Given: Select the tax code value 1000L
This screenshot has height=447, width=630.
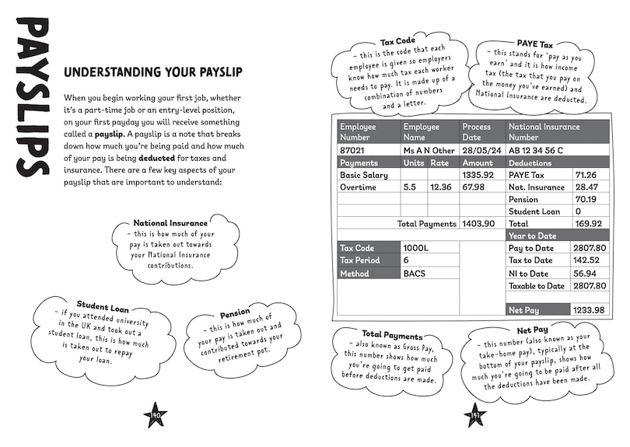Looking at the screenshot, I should click(x=417, y=248).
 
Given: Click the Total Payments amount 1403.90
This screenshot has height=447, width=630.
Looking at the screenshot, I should click(x=478, y=223).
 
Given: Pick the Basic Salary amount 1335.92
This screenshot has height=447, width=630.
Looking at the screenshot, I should click(x=478, y=175).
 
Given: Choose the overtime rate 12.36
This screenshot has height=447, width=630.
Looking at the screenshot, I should click(x=440, y=187).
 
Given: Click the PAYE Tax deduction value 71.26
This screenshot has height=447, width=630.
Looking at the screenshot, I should click(x=586, y=175).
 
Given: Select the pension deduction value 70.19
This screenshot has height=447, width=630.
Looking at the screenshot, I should click(x=586, y=199).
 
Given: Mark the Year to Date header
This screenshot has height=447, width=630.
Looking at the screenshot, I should click(x=532, y=236).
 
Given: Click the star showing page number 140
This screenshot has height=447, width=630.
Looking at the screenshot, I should click(x=156, y=416).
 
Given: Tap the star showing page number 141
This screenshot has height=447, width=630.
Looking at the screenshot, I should click(x=474, y=416).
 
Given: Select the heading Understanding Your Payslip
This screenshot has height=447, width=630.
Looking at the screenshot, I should click(x=152, y=73).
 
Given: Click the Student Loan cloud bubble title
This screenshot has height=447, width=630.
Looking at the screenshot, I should click(x=103, y=307).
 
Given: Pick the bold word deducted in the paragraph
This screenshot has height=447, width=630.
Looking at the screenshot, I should click(x=161, y=156).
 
